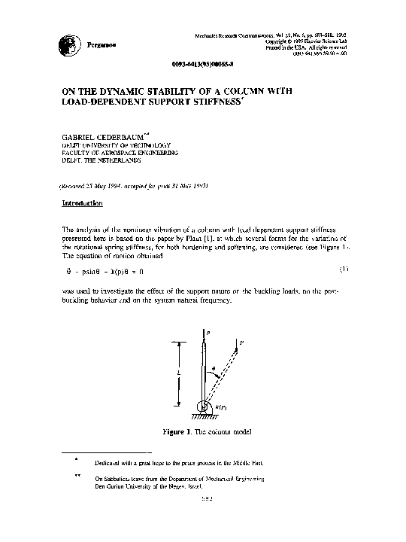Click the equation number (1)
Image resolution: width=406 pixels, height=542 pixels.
coord(344,267)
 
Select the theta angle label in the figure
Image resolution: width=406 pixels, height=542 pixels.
coord(214,369)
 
